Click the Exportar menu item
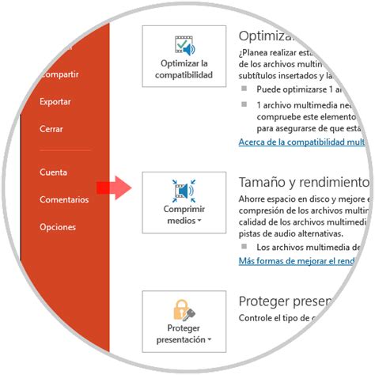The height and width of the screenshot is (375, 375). click(x=55, y=102)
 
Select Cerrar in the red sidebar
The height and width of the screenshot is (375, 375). click(x=51, y=129)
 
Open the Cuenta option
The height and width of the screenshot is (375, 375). click(x=53, y=172)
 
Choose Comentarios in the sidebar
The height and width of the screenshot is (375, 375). click(x=64, y=199)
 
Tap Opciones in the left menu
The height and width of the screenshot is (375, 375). click(x=58, y=227)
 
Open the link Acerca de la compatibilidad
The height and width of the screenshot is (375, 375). click(x=301, y=142)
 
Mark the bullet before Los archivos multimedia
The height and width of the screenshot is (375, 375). click(x=244, y=248)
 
